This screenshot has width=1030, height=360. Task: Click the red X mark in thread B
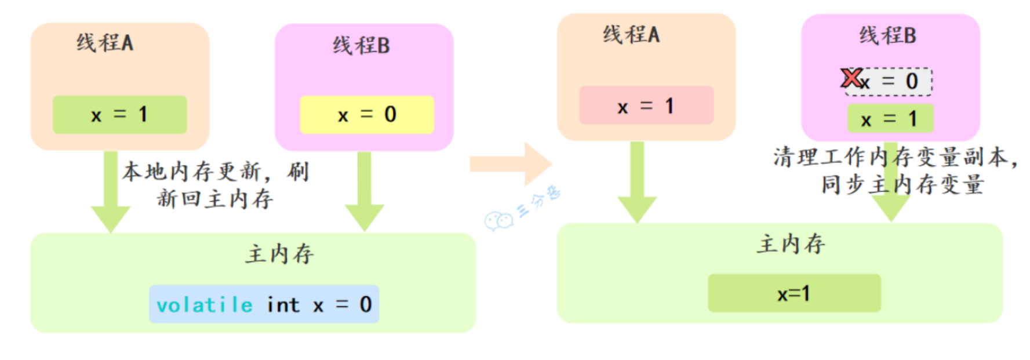(x=851, y=78)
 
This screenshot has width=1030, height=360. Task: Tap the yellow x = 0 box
(x=366, y=115)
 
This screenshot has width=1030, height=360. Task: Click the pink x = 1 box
(x=646, y=106)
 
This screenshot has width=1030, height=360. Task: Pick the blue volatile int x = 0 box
(x=264, y=304)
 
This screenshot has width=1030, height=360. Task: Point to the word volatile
(x=205, y=305)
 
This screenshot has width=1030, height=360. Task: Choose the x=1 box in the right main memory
(x=794, y=293)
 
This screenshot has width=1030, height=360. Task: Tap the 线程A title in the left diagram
(x=105, y=43)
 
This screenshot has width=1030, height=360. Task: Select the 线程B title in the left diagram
(x=361, y=45)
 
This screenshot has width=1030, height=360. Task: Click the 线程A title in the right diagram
(x=631, y=35)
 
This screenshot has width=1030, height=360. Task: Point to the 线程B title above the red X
(x=887, y=36)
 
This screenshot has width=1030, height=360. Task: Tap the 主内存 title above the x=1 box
(x=791, y=244)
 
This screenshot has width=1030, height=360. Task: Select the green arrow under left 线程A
(x=110, y=191)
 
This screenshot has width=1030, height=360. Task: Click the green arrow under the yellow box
(x=364, y=191)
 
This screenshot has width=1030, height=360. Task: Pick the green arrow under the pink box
(x=637, y=183)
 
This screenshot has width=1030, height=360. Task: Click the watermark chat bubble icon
(x=498, y=220)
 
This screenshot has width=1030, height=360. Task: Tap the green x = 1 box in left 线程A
(x=119, y=115)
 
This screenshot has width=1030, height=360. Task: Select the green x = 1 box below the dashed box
(x=890, y=119)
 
